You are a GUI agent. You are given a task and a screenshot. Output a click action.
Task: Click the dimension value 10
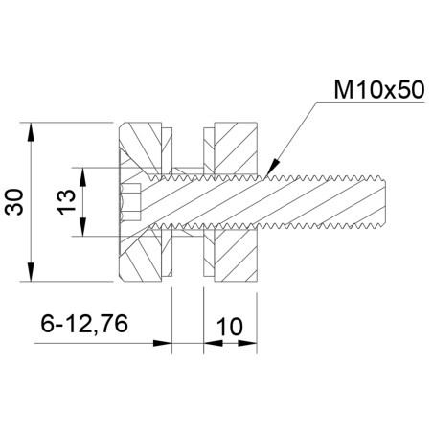click(229, 326)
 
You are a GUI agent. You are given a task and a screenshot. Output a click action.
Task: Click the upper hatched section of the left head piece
click(144, 148)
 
